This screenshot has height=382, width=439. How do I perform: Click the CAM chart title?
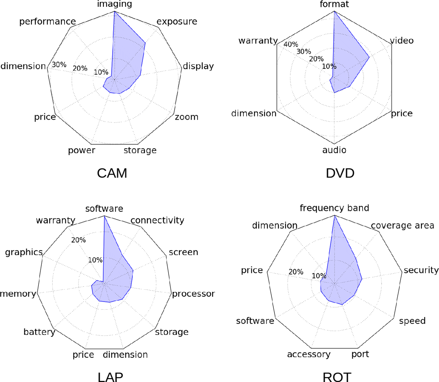[112, 173]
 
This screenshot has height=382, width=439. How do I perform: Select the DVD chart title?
[340, 173]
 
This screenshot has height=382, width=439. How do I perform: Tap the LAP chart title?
[110, 377]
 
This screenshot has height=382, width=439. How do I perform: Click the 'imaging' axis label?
[114, 4]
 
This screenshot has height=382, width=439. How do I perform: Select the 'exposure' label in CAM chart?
[177, 21]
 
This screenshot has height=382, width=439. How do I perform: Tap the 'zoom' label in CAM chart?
[186, 117]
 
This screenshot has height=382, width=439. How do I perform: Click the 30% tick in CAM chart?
[59, 65]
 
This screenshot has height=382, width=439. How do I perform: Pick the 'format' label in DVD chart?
[334, 4]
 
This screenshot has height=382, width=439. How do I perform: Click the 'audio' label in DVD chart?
[334, 150]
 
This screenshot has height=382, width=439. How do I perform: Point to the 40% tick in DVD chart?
[291, 44]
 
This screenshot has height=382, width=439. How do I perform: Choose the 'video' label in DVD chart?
[402, 41]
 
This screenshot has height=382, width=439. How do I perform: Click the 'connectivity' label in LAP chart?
[157, 220]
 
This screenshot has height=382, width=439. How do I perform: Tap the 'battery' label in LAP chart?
[39, 332]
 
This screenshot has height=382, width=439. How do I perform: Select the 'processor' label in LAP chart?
[193, 294]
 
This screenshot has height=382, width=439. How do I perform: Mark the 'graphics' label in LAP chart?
[24, 252]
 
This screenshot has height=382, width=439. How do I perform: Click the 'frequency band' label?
[334, 208]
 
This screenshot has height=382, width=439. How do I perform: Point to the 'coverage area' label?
[402, 226]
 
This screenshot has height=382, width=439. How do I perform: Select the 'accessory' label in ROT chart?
[309, 354]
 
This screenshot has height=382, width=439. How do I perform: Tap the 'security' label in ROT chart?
[421, 270]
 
